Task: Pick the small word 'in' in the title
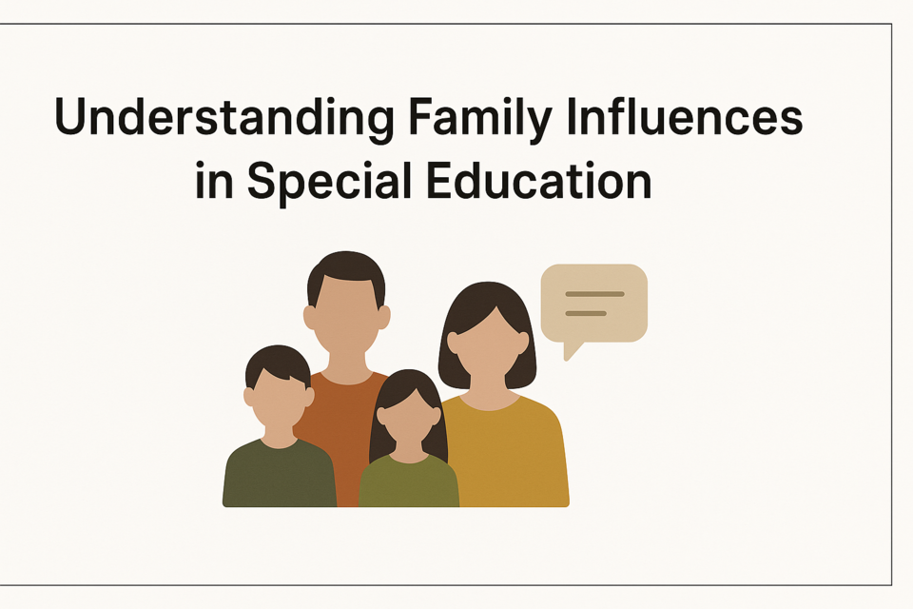[x=214, y=181]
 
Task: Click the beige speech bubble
[x=593, y=304]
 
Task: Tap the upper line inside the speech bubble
[x=594, y=294]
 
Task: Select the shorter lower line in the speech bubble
[x=586, y=313]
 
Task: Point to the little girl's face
[x=409, y=417]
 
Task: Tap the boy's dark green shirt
[x=280, y=475]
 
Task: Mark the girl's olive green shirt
[x=409, y=481]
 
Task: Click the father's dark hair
[x=346, y=273]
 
